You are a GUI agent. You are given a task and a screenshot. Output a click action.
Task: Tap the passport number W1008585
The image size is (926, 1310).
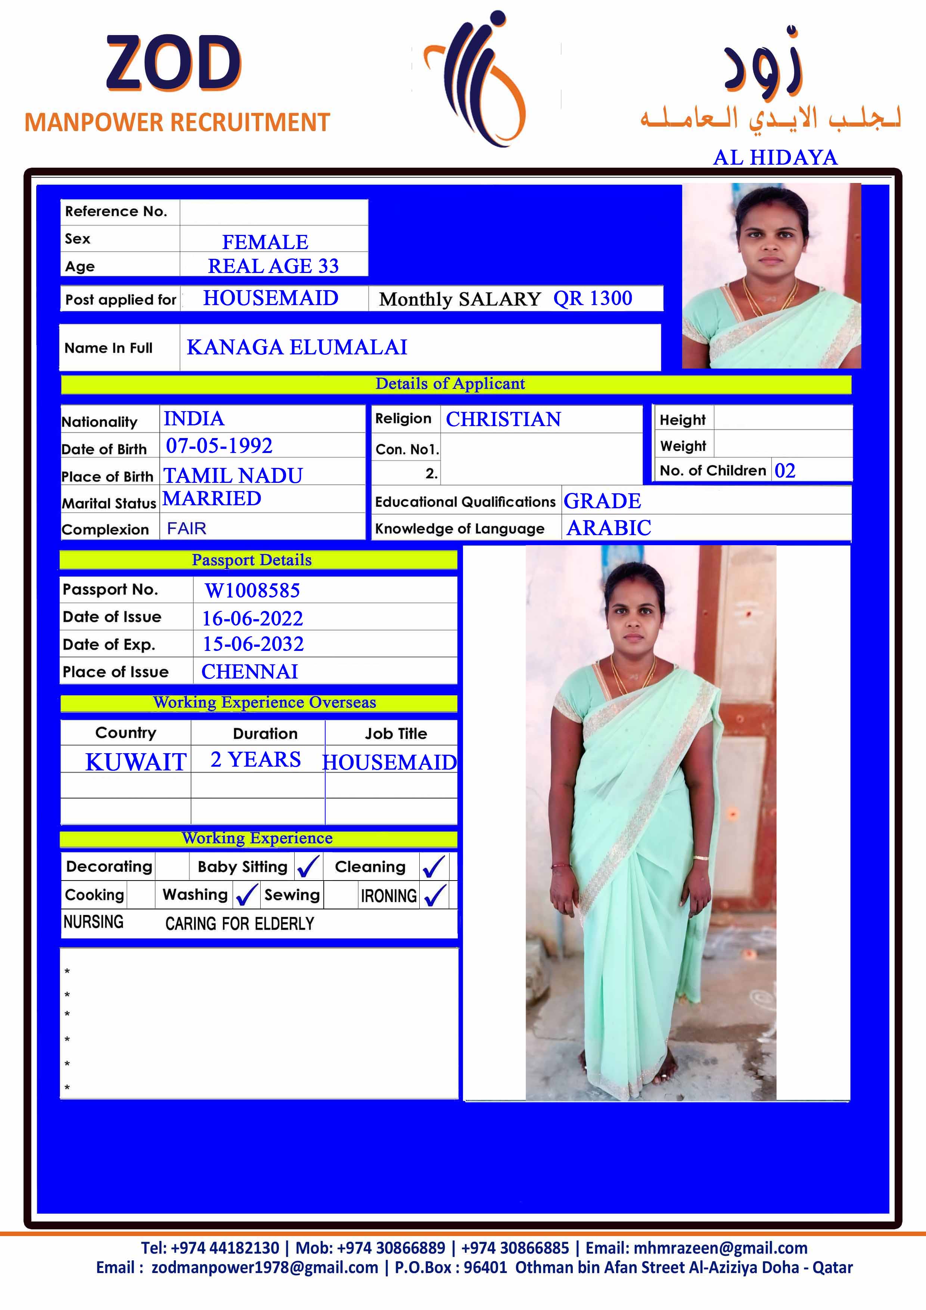[252, 590]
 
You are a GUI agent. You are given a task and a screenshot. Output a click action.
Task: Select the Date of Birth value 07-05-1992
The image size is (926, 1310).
[219, 446]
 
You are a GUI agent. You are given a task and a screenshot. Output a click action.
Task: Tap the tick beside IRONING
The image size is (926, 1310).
[435, 895]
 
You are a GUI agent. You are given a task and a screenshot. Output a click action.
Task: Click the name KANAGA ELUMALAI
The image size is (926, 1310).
[297, 347]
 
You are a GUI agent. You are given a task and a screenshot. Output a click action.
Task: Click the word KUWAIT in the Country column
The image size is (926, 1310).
[136, 762]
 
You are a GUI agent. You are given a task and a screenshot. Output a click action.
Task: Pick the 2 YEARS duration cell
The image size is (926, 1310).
[256, 760]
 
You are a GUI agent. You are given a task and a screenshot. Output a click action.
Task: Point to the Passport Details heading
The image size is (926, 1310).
[252, 560]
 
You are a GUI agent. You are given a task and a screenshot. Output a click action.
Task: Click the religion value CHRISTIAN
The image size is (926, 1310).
[503, 419]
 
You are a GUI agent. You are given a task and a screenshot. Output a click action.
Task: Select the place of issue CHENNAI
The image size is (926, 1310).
[249, 671]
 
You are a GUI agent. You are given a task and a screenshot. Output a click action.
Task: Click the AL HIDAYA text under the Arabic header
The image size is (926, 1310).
[775, 158]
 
